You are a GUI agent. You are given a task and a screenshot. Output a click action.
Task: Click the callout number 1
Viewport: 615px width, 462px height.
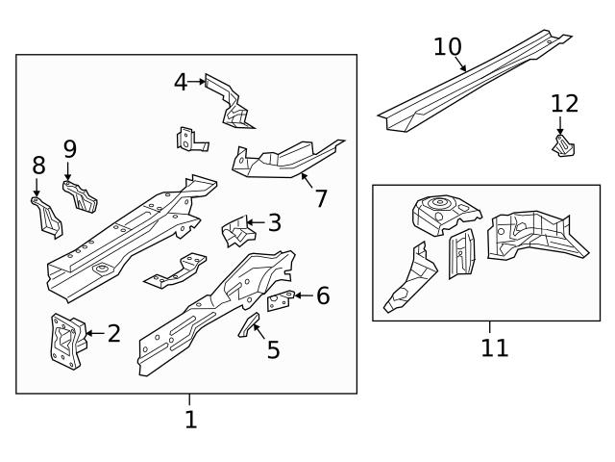(190, 420)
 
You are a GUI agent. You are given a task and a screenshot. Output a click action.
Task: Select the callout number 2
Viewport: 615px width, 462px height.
(114, 334)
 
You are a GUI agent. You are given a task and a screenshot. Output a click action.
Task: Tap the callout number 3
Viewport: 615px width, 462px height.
(275, 223)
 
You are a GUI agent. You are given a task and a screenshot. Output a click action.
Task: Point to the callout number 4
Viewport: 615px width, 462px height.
(181, 82)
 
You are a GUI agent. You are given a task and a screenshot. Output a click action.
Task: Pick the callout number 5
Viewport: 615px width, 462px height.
(273, 350)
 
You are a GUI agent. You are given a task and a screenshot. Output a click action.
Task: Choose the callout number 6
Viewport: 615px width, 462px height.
(323, 296)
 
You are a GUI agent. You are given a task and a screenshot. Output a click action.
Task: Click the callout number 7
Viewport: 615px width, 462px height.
(321, 199)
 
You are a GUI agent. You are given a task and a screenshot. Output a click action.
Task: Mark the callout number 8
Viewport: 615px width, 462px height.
(38, 166)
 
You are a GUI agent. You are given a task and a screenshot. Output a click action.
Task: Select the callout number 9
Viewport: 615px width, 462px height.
(70, 149)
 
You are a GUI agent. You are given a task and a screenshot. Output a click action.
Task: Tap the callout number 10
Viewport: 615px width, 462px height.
(448, 46)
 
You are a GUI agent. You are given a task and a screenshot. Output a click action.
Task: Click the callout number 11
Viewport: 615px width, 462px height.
(494, 347)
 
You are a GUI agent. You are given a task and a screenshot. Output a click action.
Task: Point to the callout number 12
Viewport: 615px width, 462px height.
(565, 104)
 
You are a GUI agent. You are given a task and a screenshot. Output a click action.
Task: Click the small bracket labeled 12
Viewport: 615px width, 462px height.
(562, 146)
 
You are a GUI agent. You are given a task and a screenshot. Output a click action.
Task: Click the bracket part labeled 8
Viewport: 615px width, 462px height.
(45, 216)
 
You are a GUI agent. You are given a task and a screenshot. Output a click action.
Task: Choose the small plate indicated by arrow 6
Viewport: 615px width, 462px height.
(279, 301)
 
